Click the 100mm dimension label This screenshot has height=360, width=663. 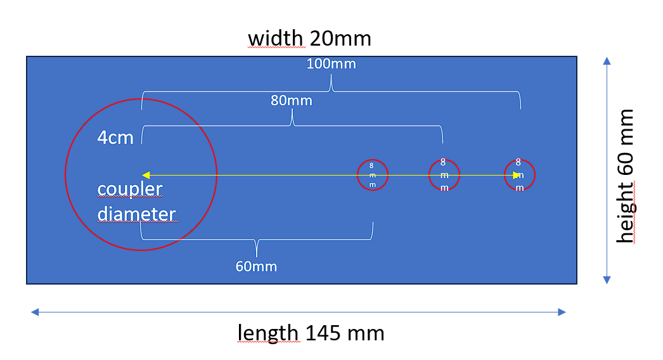(331, 64)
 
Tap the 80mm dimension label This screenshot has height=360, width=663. (292, 101)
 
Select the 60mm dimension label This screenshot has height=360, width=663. (256, 266)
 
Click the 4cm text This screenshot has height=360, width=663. (115, 138)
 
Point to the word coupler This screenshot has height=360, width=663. (130, 189)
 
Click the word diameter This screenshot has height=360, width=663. (136, 214)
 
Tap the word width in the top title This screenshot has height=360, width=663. (275, 39)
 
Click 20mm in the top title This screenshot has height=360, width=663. (340, 39)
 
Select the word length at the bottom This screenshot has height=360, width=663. (268, 333)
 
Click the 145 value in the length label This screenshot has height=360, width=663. (322, 333)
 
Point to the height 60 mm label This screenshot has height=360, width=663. (626, 176)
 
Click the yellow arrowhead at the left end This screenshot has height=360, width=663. (146, 175)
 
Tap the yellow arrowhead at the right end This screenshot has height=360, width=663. (517, 175)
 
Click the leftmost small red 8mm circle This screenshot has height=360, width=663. (357, 175)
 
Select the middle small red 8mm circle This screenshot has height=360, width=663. (429, 175)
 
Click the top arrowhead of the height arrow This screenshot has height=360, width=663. (607, 61)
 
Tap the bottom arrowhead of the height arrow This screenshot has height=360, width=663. (607, 280)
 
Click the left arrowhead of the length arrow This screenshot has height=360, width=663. (35, 312)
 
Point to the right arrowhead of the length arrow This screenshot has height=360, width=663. (562, 312)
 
